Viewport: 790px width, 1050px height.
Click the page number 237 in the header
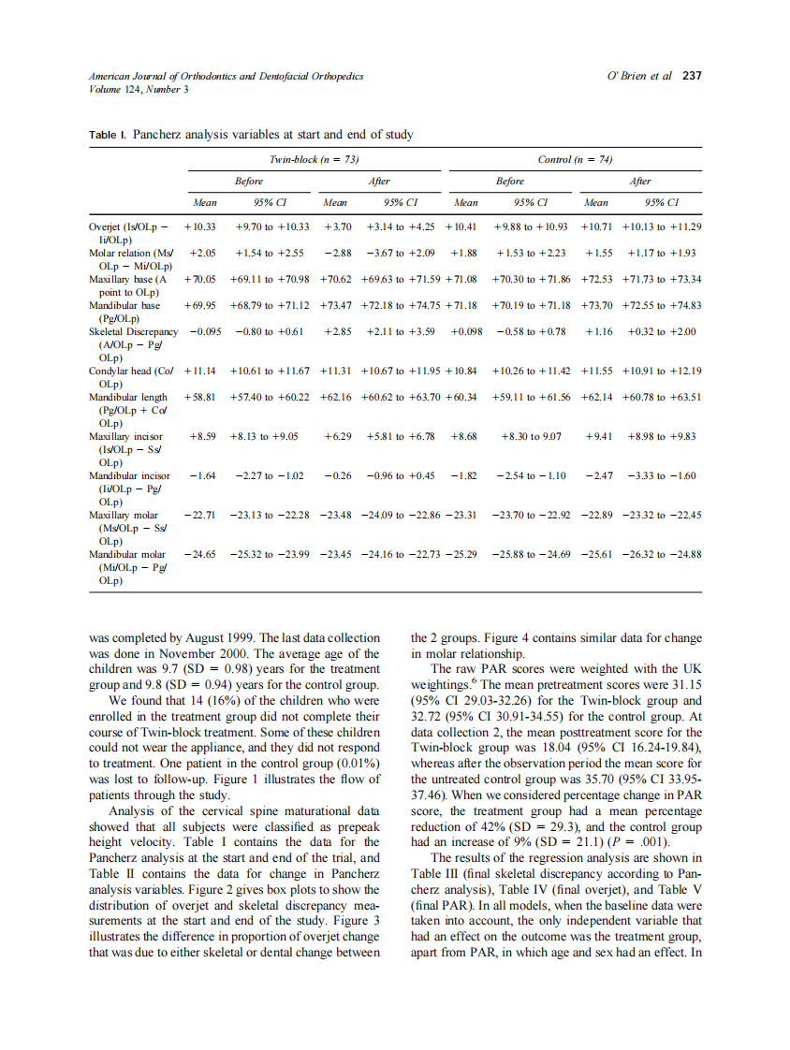692,76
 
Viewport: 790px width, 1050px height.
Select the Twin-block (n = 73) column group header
315,160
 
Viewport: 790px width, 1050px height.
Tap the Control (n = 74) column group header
575,160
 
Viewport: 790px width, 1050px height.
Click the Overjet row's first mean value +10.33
200,227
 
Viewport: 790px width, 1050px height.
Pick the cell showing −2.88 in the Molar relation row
337,253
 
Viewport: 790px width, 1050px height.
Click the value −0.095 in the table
203,332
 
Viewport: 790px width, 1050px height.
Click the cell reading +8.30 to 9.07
532,436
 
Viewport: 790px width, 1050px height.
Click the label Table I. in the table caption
109,136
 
